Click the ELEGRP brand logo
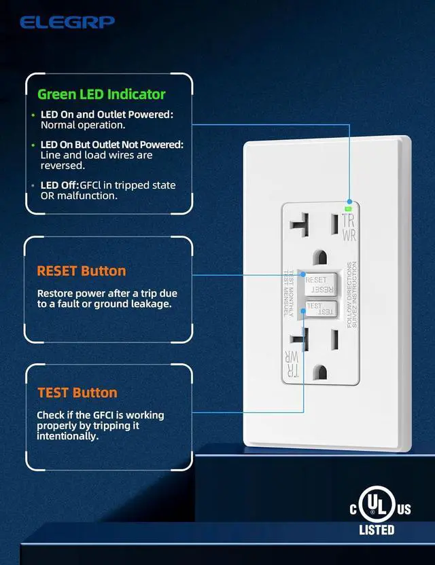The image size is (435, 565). pos(67,22)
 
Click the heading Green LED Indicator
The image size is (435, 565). pos(101,94)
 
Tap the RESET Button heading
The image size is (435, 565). pos(82,271)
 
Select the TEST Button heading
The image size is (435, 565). pos(77,393)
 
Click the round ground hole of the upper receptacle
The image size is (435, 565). pos(319,257)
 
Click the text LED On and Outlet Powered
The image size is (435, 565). pos(107,115)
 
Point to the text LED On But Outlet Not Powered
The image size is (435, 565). pos(111,145)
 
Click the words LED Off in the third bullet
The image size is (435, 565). pos(59,185)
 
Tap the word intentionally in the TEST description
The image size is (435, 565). pos(68,436)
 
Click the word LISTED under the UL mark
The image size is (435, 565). pos(377,530)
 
